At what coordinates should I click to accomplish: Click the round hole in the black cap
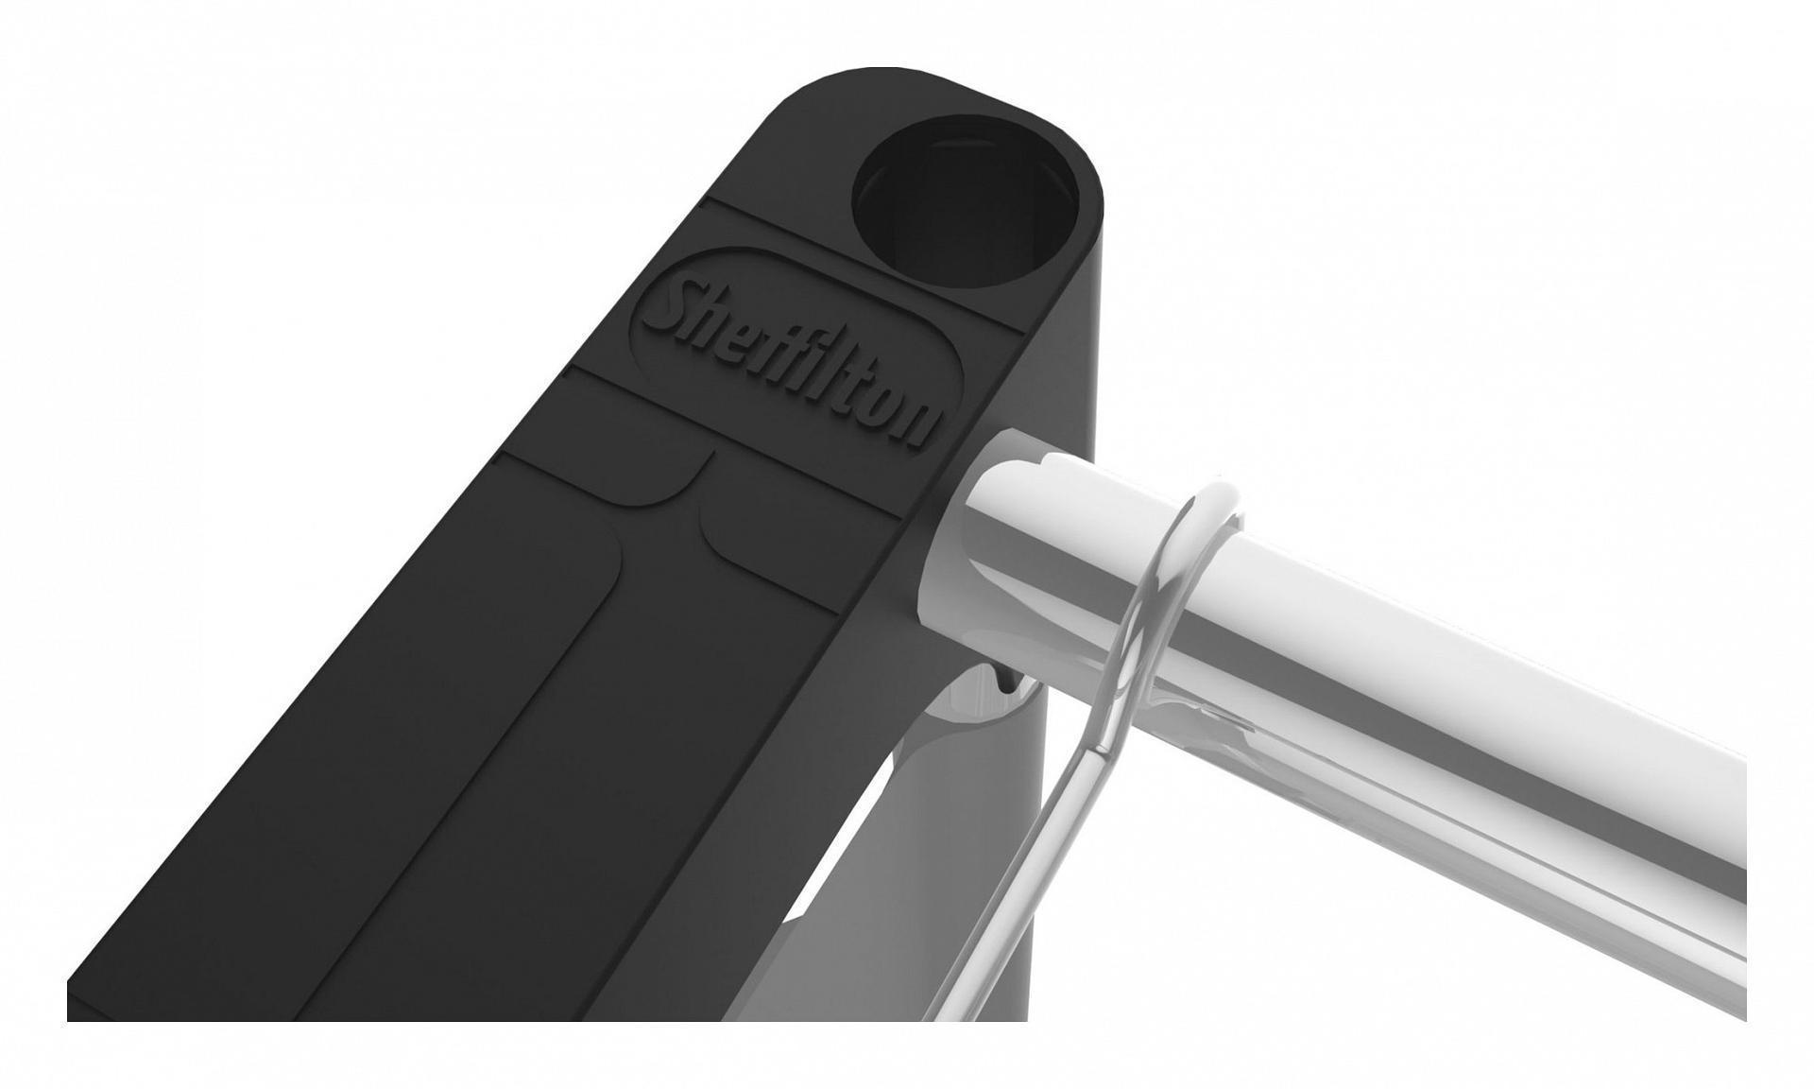coord(966,201)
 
